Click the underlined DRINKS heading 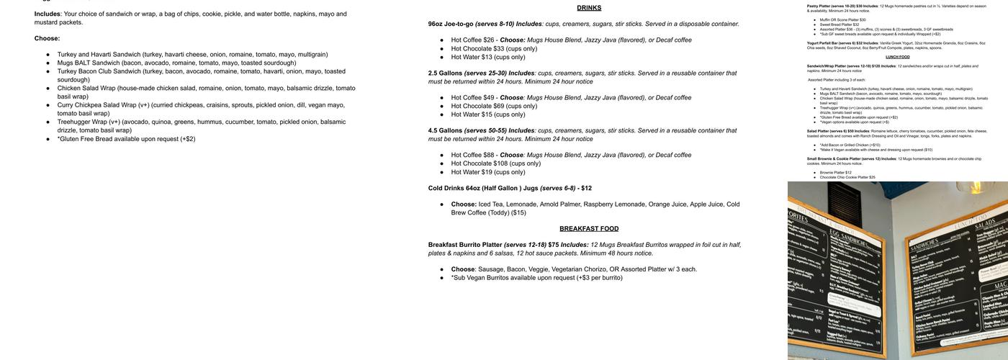pyautogui.click(x=589, y=8)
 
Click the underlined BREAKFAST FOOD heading pyautogui.click(x=589, y=229)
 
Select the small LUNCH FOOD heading pyautogui.click(x=897, y=57)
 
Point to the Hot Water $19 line pyautogui.click(x=488, y=172)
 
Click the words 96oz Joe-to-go pyautogui.click(x=451, y=24)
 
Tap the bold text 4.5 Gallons pyautogui.click(x=445, y=131)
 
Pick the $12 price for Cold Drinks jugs pyautogui.click(x=586, y=189)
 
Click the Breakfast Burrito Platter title pyautogui.click(x=465, y=245)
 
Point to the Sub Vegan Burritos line pyautogui.click(x=536, y=278)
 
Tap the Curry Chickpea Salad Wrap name pyautogui.click(x=98, y=105)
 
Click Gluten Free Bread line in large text pyautogui.click(x=126, y=139)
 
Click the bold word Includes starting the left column pyautogui.click(x=47, y=14)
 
